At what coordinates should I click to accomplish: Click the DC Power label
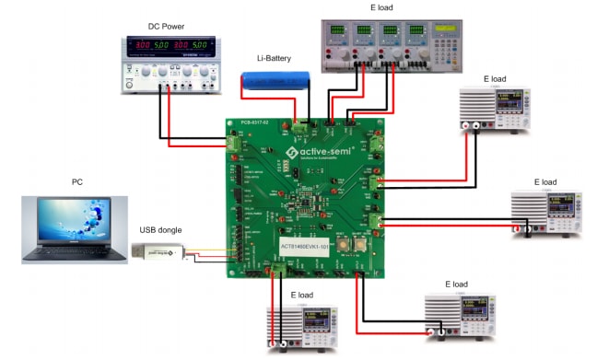coord(169,27)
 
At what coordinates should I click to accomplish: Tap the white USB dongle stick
coord(162,251)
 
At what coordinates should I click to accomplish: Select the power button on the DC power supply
coord(131,81)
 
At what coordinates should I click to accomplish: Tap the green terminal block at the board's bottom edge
coord(275,267)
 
